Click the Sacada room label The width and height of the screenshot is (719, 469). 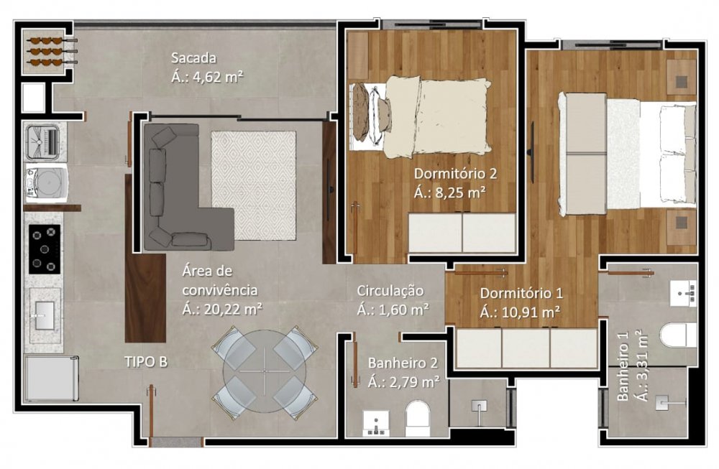[x=193, y=58]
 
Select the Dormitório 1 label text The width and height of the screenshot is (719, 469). [x=521, y=293]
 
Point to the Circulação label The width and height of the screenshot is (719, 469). [x=390, y=291]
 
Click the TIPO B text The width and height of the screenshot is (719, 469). [x=146, y=362]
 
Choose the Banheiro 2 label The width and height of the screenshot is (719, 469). [x=403, y=363]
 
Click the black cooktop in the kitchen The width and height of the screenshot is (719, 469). [x=45, y=249]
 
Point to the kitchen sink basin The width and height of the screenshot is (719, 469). [x=45, y=315]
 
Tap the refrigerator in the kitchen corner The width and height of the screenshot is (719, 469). [x=51, y=379]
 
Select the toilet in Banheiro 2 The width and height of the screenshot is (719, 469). [x=418, y=419]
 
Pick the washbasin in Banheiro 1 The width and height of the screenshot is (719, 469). [x=683, y=294]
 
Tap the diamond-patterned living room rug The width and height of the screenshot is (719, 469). [x=254, y=185]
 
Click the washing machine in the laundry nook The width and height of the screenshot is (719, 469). [x=46, y=184]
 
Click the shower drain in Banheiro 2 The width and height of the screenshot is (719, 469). [x=479, y=406]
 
